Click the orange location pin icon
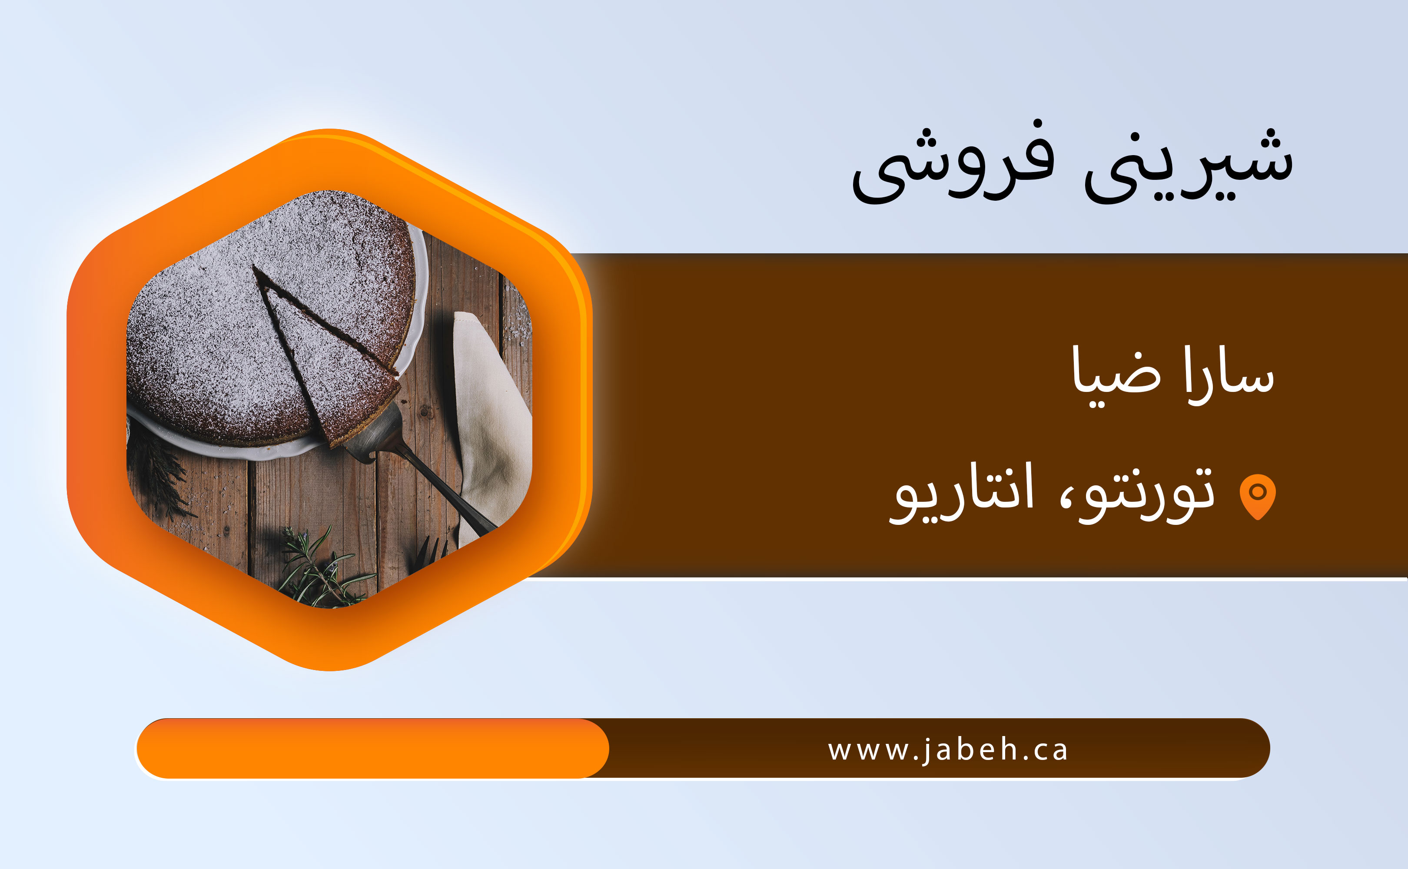(1258, 497)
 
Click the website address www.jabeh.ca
(948, 750)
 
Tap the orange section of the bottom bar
(372, 748)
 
